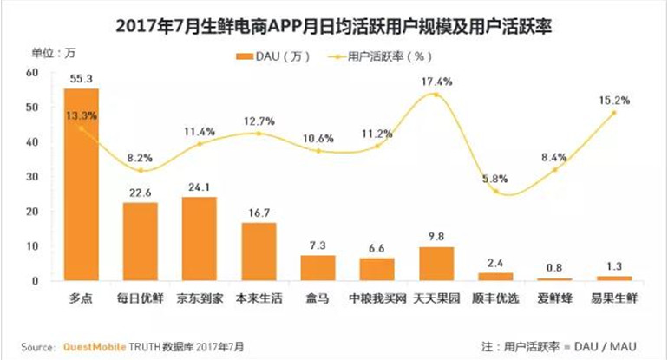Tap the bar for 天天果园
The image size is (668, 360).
click(436, 264)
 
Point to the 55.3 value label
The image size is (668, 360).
click(82, 79)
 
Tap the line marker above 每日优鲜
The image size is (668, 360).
click(141, 170)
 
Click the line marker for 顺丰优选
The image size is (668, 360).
click(495, 191)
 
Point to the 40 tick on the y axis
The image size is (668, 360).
click(32, 142)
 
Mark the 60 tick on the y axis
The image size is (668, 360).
click(32, 73)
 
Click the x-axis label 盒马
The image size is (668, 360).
click(318, 299)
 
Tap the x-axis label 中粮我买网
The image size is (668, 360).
click(377, 299)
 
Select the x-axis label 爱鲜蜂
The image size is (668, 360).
click(554, 299)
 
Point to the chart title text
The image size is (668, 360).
click(334, 26)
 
